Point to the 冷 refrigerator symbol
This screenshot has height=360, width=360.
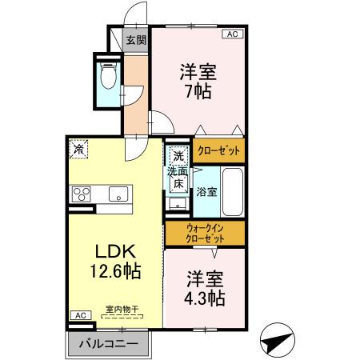click(x=79, y=148)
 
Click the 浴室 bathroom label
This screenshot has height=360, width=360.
click(x=206, y=191)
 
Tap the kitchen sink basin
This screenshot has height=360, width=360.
click(x=118, y=194)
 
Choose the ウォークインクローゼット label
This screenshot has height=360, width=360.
click(x=205, y=234)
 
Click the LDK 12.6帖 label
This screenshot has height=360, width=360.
click(x=114, y=261)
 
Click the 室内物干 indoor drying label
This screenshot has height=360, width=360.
click(x=122, y=307)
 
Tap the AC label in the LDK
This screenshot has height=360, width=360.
click(x=80, y=315)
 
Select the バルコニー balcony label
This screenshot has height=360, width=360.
click(x=107, y=344)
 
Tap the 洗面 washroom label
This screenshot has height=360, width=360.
click(x=178, y=170)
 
